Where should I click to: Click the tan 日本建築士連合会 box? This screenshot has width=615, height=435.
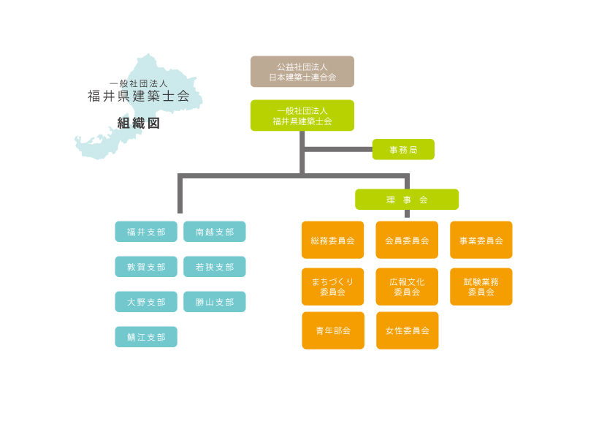coord(302,72)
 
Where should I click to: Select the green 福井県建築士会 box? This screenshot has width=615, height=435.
coord(302,116)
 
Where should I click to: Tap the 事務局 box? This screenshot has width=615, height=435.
coord(403,149)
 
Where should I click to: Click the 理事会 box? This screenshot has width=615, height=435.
coord(407,200)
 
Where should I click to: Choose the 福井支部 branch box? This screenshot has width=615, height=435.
coord(146,232)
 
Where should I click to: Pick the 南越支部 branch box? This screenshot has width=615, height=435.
coord(215,232)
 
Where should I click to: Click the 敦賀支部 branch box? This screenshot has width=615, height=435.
coord(146,267)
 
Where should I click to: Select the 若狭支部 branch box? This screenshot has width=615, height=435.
coord(215,267)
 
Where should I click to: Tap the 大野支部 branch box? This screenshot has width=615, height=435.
coord(146,302)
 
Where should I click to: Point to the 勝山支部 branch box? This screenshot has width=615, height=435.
coord(215,302)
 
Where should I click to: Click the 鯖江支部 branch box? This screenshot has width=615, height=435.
coord(146,337)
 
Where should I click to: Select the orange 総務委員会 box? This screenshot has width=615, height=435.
coord(332,240)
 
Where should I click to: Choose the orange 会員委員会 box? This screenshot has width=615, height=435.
coord(407,240)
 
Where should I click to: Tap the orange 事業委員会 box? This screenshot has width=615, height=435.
coord(481,240)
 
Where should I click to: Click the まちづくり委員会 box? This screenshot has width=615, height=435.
coord(332,287)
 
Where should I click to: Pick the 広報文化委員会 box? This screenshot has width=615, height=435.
coord(407,287)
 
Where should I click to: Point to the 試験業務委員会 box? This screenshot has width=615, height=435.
coord(481,287)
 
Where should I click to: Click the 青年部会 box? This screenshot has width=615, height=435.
coord(333,330)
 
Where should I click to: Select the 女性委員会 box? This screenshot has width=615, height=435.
coord(407,330)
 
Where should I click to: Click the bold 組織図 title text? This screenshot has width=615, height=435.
coord(139,124)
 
